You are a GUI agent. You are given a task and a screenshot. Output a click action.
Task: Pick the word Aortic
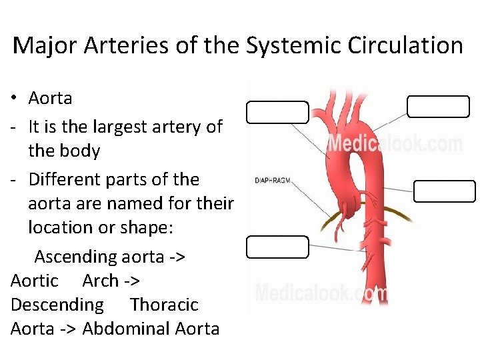(x=35, y=281)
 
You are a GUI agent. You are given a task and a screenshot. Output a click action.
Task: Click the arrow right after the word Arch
(x=131, y=281)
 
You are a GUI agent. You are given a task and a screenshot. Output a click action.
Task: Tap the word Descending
(x=57, y=305)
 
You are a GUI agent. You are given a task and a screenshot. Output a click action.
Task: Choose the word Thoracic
(x=165, y=305)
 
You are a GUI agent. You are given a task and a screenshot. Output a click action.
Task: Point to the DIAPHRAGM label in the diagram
(x=271, y=181)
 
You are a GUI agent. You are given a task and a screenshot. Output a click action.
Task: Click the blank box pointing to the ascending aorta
(x=277, y=112)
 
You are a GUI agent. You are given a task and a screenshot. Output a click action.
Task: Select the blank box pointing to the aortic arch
(x=438, y=106)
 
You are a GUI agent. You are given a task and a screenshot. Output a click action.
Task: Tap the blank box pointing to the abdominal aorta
(x=277, y=247)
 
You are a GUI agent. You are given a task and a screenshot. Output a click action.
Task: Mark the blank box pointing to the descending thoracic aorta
(x=444, y=191)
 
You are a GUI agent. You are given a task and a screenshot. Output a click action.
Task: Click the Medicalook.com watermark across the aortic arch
(x=393, y=143)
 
